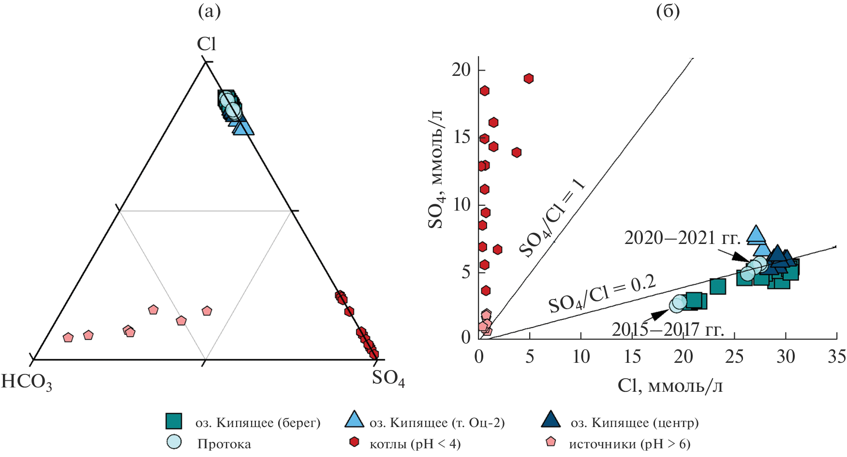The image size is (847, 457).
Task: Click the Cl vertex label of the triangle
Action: (x=206, y=44)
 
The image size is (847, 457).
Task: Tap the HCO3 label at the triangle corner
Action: (x=27, y=382)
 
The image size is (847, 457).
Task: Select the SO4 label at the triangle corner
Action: (x=388, y=378)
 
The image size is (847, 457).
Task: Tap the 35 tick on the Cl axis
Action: (x=836, y=357)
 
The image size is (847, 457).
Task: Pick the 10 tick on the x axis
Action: (x=581, y=357)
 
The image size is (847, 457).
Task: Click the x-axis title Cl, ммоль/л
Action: (x=670, y=386)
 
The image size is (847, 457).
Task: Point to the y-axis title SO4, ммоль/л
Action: (x=436, y=170)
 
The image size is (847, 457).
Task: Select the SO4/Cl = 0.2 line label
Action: (x=602, y=294)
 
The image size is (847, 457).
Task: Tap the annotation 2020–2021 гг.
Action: (x=682, y=238)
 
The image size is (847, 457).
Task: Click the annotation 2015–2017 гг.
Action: (x=668, y=329)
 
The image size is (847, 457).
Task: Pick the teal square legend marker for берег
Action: (x=174, y=421)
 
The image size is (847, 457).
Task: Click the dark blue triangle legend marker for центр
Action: (x=550, y=420)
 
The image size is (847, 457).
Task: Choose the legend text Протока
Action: (x=224, y=444)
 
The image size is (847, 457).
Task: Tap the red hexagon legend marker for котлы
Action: (x=354, y=442)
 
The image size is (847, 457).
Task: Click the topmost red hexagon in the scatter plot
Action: (x=529, y=79)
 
